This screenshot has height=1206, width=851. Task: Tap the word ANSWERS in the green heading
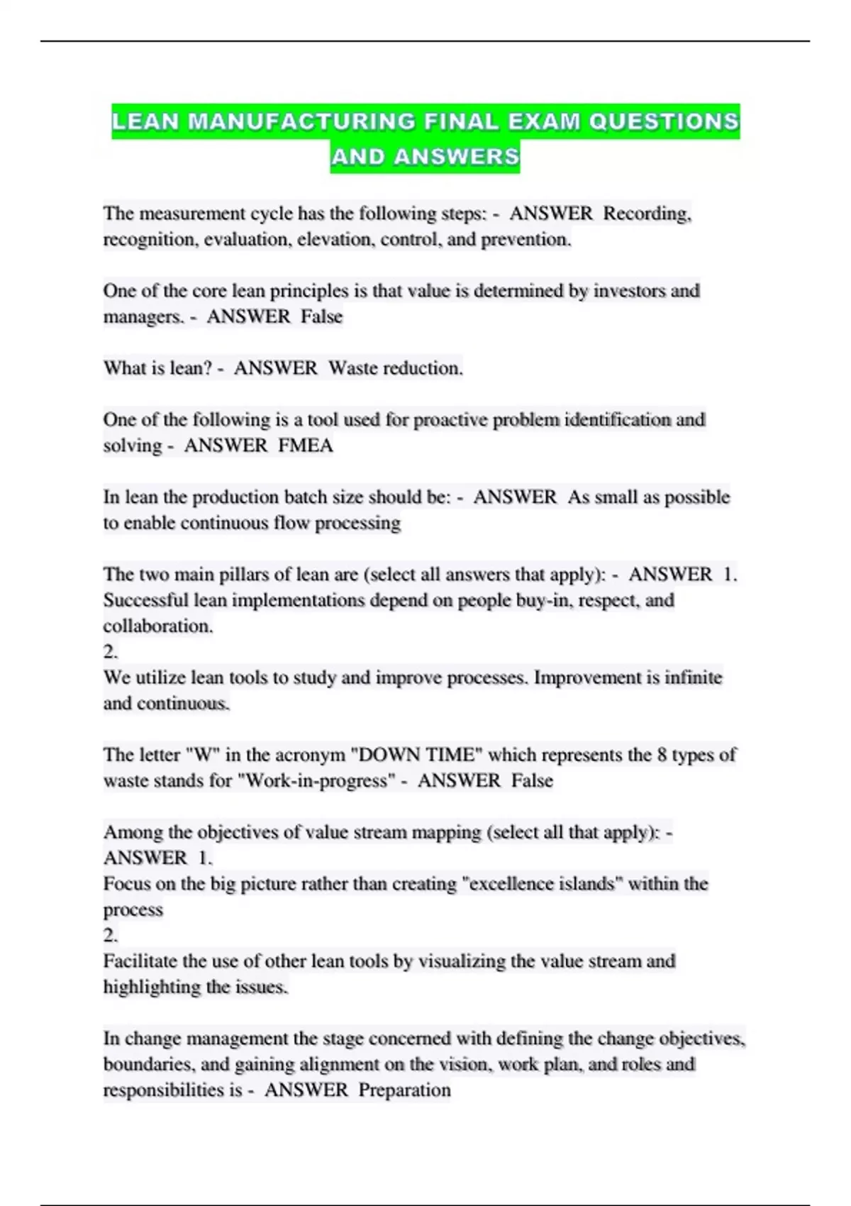457,157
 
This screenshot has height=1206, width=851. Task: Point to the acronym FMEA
306,446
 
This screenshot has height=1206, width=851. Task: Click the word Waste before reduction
353,368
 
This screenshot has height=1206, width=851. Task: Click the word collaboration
157,626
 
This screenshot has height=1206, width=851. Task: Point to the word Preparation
404,1090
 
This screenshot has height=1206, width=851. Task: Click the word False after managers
321,317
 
